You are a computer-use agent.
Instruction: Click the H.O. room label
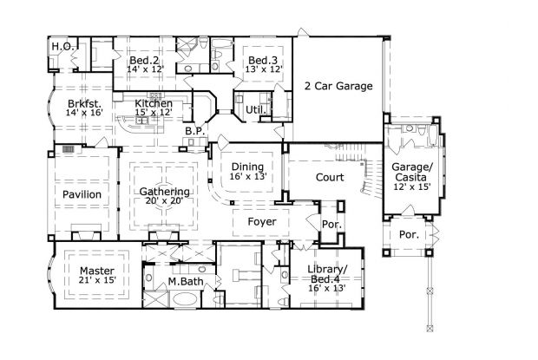click(x=61, y=46)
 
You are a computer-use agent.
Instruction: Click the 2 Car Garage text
click(x=338, y=86)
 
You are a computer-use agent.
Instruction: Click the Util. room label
click(x=254, y=110)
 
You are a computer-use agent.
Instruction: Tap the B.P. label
click(x=194, y=130)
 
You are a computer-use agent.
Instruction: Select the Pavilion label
click(x=82, y=194)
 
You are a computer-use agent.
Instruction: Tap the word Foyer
click(x=261, y=222)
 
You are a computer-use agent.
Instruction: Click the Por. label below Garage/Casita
click(x=408, y=235)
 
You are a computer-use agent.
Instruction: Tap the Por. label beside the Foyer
click(x=332, y=224)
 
